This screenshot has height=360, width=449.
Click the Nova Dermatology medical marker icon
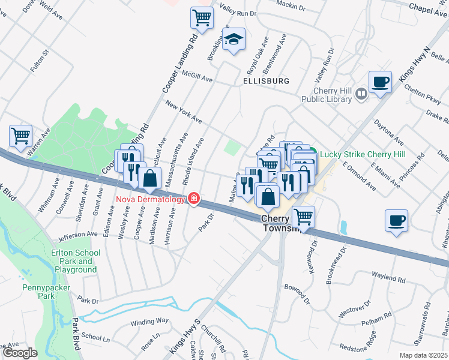193,198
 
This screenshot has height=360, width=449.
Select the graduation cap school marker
234,40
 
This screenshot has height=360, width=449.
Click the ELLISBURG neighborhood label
266,80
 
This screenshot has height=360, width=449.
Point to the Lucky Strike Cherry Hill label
362,155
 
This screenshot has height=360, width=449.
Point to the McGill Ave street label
198,78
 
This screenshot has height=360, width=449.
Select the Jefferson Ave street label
78,235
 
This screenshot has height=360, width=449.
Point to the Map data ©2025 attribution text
423,355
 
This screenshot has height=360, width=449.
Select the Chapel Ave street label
429,7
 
